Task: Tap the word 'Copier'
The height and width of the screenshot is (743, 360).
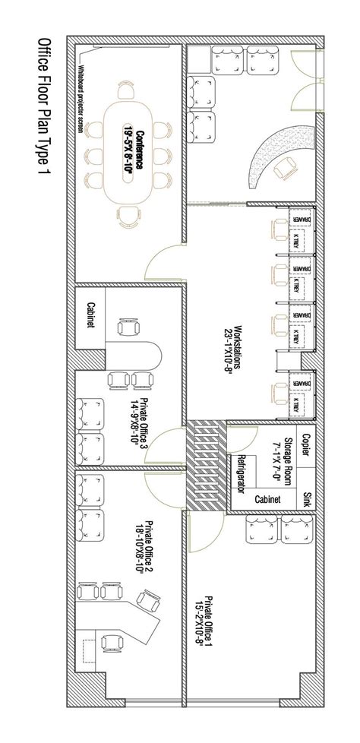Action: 306,444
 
